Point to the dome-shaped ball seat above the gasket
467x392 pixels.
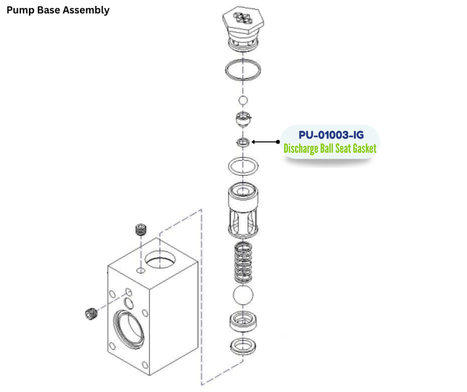point(243,121)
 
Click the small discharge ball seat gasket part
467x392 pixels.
point(243,142)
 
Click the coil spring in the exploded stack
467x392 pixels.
point(242,262)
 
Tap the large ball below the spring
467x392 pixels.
point(242,295)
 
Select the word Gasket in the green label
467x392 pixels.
point(361,148)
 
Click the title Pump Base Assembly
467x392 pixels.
point(58,10)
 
